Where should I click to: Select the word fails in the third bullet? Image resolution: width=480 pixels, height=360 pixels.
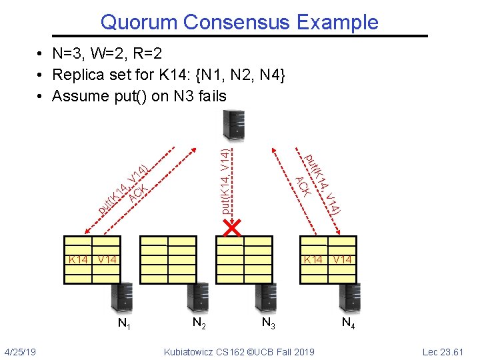208,96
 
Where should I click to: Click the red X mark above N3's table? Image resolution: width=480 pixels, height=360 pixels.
232,229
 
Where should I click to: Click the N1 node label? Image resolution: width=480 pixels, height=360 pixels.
123,325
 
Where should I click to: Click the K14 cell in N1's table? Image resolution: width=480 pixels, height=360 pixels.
77,259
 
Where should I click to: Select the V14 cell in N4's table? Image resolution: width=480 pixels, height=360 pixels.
343,259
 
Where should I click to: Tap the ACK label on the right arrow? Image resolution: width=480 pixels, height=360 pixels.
303,185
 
